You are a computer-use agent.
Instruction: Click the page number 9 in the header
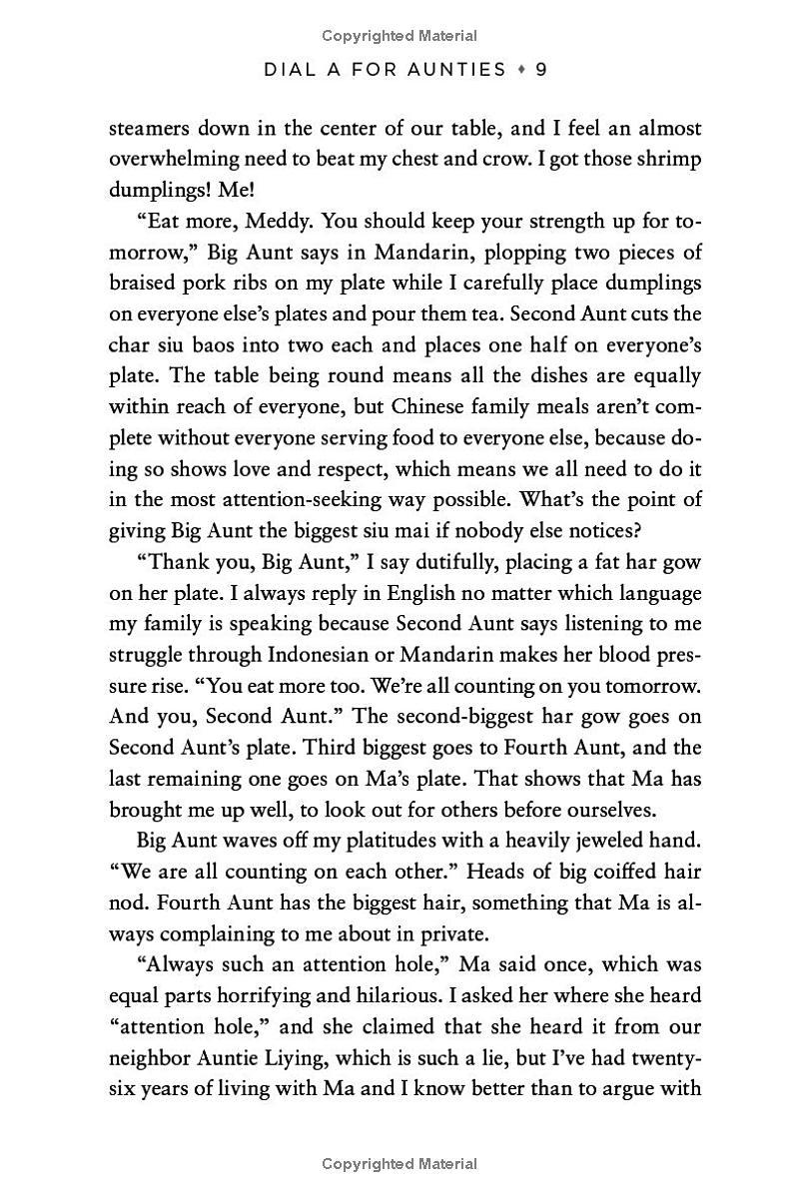point(540,69)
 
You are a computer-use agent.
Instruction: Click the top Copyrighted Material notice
point(399,36)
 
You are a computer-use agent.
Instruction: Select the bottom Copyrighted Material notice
point(399,1164)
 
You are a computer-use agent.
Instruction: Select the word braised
point(139,284)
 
